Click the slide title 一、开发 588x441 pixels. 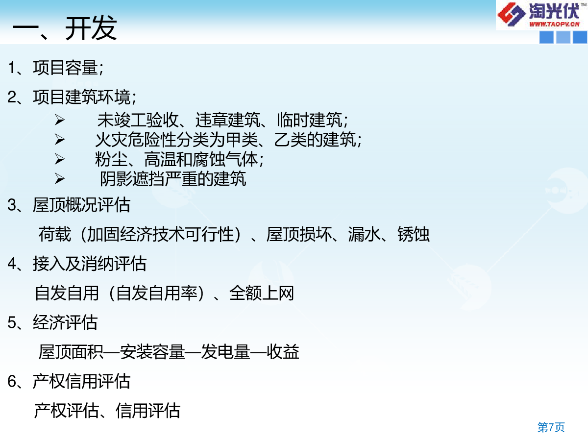point(65,28)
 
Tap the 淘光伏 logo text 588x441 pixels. point(554,11)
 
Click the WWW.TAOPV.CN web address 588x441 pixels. point(554,24)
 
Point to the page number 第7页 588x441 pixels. point(551,427)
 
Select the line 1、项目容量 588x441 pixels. point(55,68)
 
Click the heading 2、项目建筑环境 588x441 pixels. point(72,97)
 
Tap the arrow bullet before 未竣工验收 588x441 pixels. point(60,120)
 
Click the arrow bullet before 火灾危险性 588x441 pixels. point(60,140)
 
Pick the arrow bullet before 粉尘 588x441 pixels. point(60,159)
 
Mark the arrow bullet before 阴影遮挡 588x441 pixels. point(60,178)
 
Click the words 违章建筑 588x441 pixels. point(228,120)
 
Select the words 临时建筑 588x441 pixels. point(309,120)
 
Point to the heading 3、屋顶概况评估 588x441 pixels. point(69,205)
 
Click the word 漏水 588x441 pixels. point(364,234)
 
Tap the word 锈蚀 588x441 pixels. point(414,234)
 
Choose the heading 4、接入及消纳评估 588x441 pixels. point(77,264)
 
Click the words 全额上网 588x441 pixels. point(262,293)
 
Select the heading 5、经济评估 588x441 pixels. point(52,322)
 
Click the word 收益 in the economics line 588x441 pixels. point(283,351)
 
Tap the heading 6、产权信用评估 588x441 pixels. point(69,381)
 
